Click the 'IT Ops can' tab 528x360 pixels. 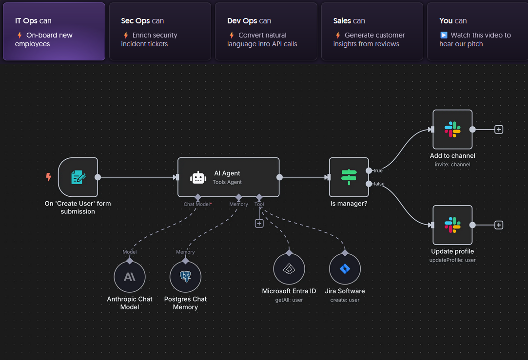point(54,32)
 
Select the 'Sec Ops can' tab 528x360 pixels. point(160,32)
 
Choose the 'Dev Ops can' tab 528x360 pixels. point(266,32)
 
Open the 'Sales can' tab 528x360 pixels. point(372,32)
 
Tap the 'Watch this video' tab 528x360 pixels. point(477,32)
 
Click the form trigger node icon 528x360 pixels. point(78,177)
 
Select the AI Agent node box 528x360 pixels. point(228,177)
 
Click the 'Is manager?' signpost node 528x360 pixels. point(349,177)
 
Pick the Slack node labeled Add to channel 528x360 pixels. point(452,130)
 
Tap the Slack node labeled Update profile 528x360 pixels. point(452,225)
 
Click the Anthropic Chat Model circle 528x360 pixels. point(130,277)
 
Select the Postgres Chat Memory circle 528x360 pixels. point(185,277)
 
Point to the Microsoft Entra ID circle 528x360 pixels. point(289,269)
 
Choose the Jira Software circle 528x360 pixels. point(345,269)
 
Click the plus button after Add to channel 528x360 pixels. point(499,130)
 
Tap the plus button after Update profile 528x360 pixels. point(499,225)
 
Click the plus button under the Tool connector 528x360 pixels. point(259,223)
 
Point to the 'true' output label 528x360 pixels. point(378,171)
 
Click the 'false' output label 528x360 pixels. point(378,184)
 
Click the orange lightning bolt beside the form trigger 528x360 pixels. point(48,177)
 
